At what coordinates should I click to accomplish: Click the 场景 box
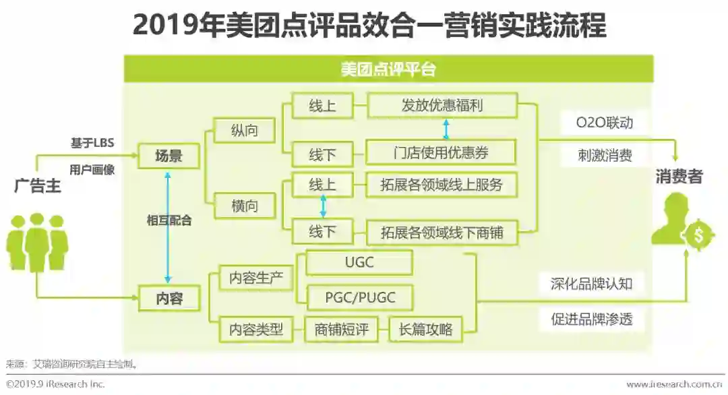pos(169,157)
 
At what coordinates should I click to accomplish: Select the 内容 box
pos(169,298)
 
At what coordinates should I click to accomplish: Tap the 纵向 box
pos(244,130)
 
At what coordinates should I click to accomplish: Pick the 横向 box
pos(244,206)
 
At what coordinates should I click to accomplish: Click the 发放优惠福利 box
pos(442,106)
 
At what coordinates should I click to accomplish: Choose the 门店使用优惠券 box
pos(441,153)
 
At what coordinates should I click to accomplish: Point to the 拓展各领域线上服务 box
pos(442,185)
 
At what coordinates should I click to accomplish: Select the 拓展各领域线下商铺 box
pos(442,233)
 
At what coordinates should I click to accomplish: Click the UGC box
pos(359,263)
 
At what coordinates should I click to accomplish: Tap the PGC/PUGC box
pos(359,297)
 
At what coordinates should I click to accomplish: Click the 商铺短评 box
pos(341,330)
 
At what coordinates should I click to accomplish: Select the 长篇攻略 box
pos(425,330)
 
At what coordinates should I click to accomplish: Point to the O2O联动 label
pos(604,123)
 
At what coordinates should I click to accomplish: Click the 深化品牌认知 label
pos(591,283)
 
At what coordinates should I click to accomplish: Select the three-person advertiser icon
pos(37,241)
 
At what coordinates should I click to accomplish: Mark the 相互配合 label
pos(169,220)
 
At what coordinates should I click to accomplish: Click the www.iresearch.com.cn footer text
pos(674,384)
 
